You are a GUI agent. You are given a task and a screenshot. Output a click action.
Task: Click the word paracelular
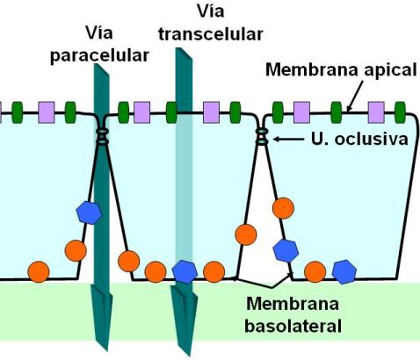pos(99,55)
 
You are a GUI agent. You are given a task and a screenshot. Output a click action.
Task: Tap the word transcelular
pos(211,34)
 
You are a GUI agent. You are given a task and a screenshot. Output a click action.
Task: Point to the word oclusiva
pos(371,139)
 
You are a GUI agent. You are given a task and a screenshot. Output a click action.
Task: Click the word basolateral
pos(293,326)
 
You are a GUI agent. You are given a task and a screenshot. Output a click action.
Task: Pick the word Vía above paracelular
pos(99,32)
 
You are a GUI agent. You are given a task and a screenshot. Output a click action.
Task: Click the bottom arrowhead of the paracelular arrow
pos(102,318)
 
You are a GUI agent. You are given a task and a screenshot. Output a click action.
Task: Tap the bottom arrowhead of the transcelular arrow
pos(184,320)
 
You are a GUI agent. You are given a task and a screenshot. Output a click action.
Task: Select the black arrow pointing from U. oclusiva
pos(288,140)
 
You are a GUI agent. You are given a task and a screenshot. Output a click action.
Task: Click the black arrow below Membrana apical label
pos(355,97)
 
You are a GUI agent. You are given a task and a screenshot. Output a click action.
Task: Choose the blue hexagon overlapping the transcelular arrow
pos(185,271)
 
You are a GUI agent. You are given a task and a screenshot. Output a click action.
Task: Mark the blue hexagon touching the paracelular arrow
pos(89,212)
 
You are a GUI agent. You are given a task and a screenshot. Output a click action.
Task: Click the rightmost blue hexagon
pos(344,271)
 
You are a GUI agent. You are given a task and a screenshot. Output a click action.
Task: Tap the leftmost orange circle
pos(39,271)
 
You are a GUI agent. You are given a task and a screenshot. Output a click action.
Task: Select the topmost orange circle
pos(283,208)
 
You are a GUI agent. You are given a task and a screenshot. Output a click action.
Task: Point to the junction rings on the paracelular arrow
pos(102,136)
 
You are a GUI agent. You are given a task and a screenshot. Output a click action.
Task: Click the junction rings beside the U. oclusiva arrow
pos(262,136)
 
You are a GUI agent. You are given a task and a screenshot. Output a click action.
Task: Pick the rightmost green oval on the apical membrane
pos(400,112)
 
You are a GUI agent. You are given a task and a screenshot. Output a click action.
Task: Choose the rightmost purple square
pos(376,112)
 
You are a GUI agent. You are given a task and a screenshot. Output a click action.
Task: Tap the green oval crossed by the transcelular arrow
pos(171,112)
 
